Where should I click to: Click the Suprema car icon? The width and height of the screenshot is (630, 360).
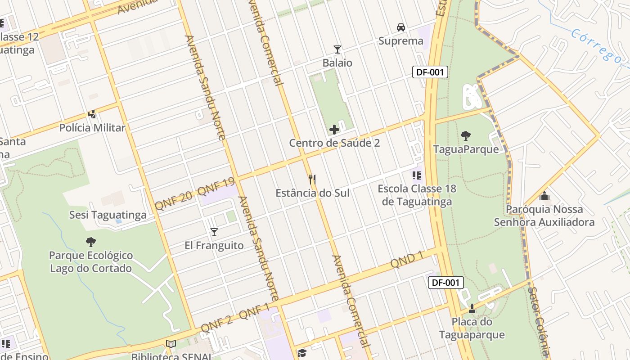tap(400, 27)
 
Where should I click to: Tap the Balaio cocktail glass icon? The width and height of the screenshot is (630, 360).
tap(337, 49)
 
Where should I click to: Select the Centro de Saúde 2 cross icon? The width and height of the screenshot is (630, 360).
tap(334, 130)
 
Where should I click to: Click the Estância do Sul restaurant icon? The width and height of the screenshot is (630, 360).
tap(312, 180)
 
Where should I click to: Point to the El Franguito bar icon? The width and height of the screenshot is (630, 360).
tap(214, 232)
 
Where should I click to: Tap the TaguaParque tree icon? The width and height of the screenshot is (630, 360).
tap(466, 135)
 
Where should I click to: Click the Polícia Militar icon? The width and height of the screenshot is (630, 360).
tap(92, 114)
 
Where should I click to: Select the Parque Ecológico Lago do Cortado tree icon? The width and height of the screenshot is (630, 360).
tap(91, 242)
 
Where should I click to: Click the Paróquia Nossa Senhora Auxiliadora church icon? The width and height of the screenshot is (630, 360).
tap(544, 196)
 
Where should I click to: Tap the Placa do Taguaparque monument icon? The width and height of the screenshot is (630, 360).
tap(472, 309)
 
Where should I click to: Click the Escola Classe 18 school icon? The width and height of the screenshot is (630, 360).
tap(417, 175)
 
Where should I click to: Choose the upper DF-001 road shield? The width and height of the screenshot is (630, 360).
tap(431, 72)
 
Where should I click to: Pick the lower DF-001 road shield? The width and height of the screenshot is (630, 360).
tap(445, 283)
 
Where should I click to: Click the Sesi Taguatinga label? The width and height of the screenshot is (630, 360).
tap(108, 215)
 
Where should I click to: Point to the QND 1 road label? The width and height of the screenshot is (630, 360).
tap(408, 259)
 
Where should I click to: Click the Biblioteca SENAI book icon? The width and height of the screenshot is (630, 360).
tap(171, 344)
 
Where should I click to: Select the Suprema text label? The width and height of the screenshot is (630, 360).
tap(400, 41)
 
